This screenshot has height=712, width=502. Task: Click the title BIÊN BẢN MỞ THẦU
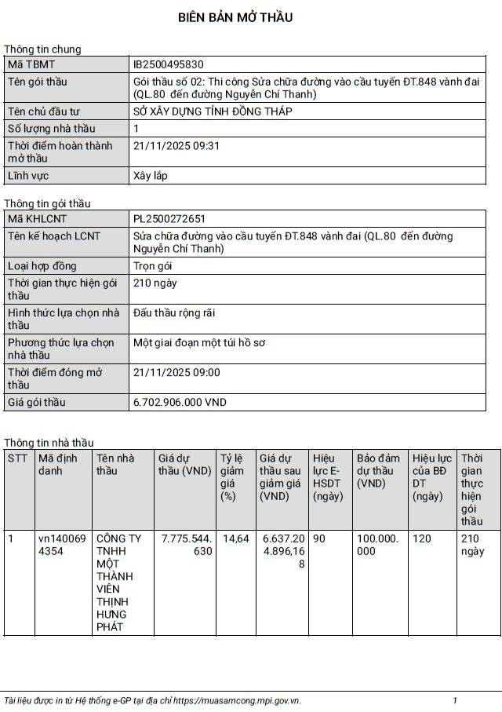point(235,17)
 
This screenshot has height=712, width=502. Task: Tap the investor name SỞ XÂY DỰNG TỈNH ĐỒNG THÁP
point(213,111)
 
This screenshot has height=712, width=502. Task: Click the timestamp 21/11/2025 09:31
point(176,145)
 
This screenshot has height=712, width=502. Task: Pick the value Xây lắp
point(151,176)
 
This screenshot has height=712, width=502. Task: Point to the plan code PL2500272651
point(169,218)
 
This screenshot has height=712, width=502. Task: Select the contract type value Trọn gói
point(153,266)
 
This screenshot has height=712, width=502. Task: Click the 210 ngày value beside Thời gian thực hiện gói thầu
point(155,283)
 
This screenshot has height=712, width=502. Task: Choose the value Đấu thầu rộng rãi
point(174,312)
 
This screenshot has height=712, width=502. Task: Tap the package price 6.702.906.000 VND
point(180,402)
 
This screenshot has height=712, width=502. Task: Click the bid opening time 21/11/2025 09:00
point(176,372)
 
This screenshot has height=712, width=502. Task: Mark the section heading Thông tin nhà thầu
point(49,443)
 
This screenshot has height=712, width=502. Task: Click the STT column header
point(17,458)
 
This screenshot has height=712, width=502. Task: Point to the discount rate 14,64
point(236,539)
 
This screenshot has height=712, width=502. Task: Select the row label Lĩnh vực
point(28,176)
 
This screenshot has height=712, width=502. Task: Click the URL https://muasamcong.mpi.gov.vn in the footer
point(236,700)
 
